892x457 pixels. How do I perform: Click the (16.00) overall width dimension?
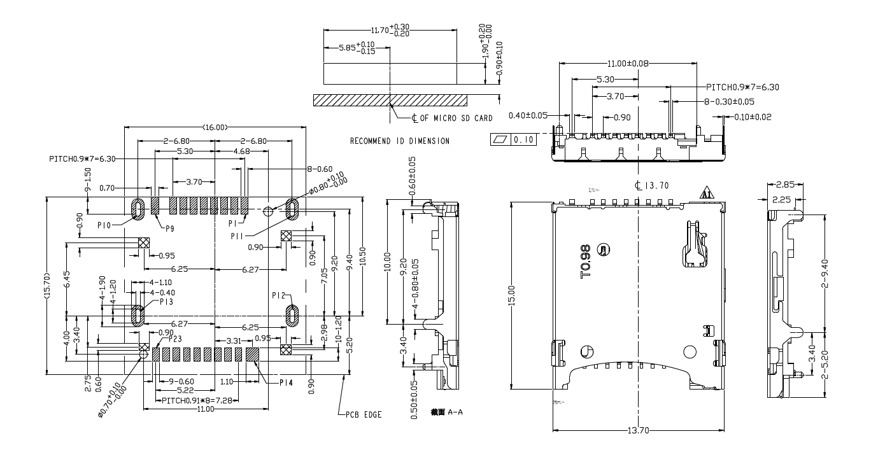pyautogui.click(x=215, y=127)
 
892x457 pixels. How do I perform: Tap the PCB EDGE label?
pyautogui.click(x=364, y=414)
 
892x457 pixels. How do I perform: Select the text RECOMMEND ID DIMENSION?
pyautogui.click(x=399, y=141)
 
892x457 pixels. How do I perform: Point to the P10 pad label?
pyautogui.click(x=105, y=225)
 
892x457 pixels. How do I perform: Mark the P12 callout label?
pyautogui.click(x=278, y=295)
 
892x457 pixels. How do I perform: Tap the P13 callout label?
pyautogui.click(x=167, y=302)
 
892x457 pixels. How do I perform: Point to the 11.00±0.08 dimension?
pyautogui.click(x=627, y=64)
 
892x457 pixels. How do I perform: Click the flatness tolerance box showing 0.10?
pyautogui.click(x=513, y=139)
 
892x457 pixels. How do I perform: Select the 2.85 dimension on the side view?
pyautogui.click(x=785, y=185)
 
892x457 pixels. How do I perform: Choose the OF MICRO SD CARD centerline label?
pyautogui.click(x=453, y=118)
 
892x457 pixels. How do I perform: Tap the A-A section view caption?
pyautogui.click(x=447, y=412)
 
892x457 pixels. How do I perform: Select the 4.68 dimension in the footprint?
pyautogui.click(x=241, y=151)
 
